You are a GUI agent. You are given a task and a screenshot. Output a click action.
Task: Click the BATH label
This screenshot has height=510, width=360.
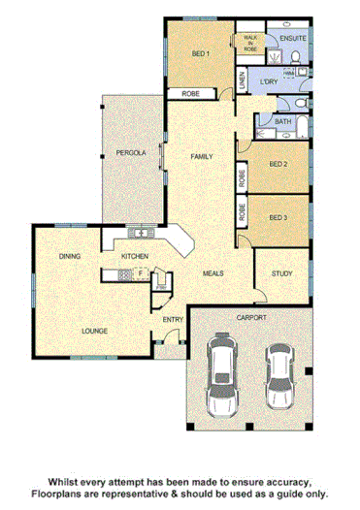[x=282, y=122]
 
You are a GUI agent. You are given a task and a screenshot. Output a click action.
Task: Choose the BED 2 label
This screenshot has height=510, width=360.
[x=278, y=164]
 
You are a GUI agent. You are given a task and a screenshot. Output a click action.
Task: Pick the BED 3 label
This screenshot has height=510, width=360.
[x=278, y=216]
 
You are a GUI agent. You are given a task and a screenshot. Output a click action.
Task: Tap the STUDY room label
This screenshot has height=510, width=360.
[x=282, y=274]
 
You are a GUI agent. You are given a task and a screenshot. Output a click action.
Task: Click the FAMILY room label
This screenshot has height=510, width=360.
[x=201, y=156]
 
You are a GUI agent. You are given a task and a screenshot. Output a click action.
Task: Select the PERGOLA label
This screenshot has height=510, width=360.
[x=132, y=153]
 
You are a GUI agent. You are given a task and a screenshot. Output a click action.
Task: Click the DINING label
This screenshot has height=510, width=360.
[x=69, y=256]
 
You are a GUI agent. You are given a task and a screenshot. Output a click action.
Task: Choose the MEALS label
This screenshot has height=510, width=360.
[x=213, y=273]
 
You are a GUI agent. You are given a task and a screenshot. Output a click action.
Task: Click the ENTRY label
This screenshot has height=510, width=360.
[x=174, y=320]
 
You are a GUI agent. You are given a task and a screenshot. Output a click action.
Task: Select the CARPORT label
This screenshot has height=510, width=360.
[x=250, y=317]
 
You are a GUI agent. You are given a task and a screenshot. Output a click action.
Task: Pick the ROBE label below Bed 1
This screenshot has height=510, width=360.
[x=190, y=94]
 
